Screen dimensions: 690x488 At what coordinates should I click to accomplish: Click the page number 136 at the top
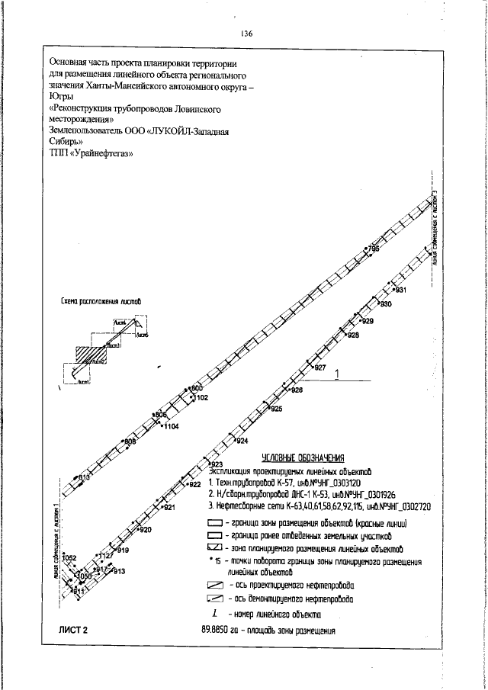coord(246,34)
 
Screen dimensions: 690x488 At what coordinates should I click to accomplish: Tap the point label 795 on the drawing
coord(374,249)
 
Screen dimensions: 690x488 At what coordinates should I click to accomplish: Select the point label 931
coord(400,290)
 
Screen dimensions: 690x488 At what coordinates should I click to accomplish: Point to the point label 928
coord(353,335)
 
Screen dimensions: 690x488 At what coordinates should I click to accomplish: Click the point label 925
coord(276,409)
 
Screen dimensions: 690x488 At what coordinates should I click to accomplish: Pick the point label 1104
coord(171,427)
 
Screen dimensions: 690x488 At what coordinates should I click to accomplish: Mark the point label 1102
coord(201,398)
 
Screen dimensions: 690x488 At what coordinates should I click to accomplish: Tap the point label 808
coord(130,441)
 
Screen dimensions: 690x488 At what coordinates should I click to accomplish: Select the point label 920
coord(146,529)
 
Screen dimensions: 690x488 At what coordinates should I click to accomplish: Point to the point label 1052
coord(70,559)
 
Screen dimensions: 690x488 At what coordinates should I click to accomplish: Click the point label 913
coord(119,571)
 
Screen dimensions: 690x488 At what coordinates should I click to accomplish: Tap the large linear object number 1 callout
coord(337,374)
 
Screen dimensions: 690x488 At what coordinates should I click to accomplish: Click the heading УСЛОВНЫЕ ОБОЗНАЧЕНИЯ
coord(303,458)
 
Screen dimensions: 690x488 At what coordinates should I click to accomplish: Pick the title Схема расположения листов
coord(104,303)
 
